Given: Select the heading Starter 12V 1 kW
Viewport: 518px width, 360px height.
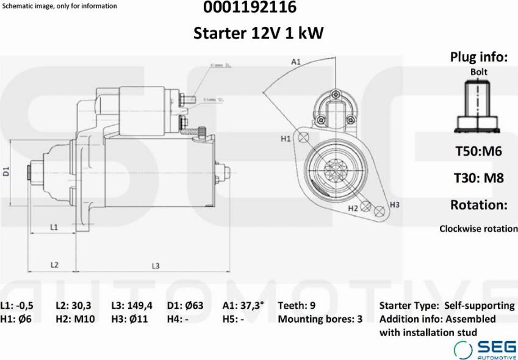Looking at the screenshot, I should (259, 33).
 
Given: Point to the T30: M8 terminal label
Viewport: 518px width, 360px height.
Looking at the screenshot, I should (478, 178).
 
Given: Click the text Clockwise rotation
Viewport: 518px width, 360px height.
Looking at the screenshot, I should (478, 229).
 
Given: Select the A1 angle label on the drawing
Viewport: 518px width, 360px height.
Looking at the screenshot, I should (296, 62).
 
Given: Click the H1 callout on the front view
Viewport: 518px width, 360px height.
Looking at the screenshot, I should (286, 139).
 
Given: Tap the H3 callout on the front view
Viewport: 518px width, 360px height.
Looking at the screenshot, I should (394, 204).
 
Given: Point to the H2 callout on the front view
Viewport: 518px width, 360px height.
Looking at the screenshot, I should (353, 208).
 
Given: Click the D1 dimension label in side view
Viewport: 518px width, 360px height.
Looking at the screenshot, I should (6, 171).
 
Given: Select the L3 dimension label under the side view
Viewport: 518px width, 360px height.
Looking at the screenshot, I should (156, 265).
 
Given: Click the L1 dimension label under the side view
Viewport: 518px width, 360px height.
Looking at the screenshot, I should (54, 227).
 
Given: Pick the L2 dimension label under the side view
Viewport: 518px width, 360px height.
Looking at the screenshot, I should (54, 265).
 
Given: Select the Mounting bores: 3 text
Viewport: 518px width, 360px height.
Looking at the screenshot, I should (320, 319).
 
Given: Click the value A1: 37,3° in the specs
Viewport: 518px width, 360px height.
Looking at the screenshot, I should (243, 305).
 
